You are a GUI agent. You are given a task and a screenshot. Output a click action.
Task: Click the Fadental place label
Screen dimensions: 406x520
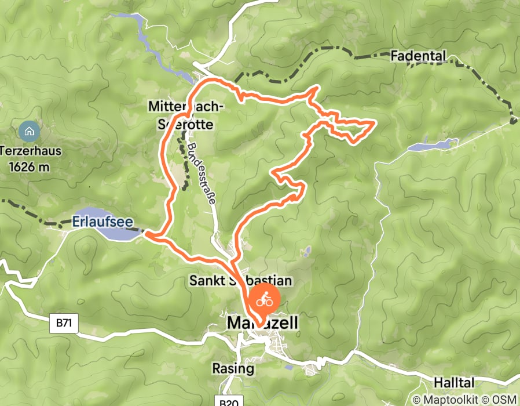(x=418, y=56)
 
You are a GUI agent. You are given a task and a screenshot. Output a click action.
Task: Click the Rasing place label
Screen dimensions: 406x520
(x=233, y=368)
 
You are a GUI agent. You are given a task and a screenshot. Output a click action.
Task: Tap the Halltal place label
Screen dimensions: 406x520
(x=455, y=383)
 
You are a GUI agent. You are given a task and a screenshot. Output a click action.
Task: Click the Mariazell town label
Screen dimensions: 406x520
(x=263, y=323)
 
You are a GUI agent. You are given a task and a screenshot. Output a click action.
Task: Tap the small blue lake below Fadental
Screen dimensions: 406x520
(x=431, y=144)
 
